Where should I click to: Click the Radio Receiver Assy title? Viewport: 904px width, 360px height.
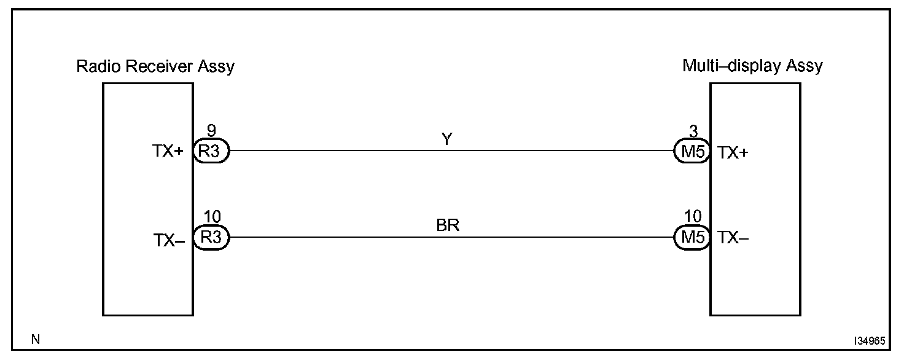(155, 66)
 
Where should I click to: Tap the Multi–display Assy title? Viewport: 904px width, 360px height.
(752, 66)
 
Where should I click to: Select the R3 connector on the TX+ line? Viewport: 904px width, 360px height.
(211, 151)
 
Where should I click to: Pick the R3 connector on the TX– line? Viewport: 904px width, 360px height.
(211, 238)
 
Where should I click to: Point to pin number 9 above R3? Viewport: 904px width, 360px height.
(211, 131)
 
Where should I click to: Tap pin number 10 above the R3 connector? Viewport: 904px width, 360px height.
(211, 217)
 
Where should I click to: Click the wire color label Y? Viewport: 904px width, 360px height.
(447, 140)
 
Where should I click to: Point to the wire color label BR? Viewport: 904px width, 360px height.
(448, 225)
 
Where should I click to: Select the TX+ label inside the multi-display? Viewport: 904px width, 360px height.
(733, 154)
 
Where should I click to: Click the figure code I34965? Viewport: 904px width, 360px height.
(868, 340)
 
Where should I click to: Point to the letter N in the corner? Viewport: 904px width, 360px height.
(36, 338)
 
